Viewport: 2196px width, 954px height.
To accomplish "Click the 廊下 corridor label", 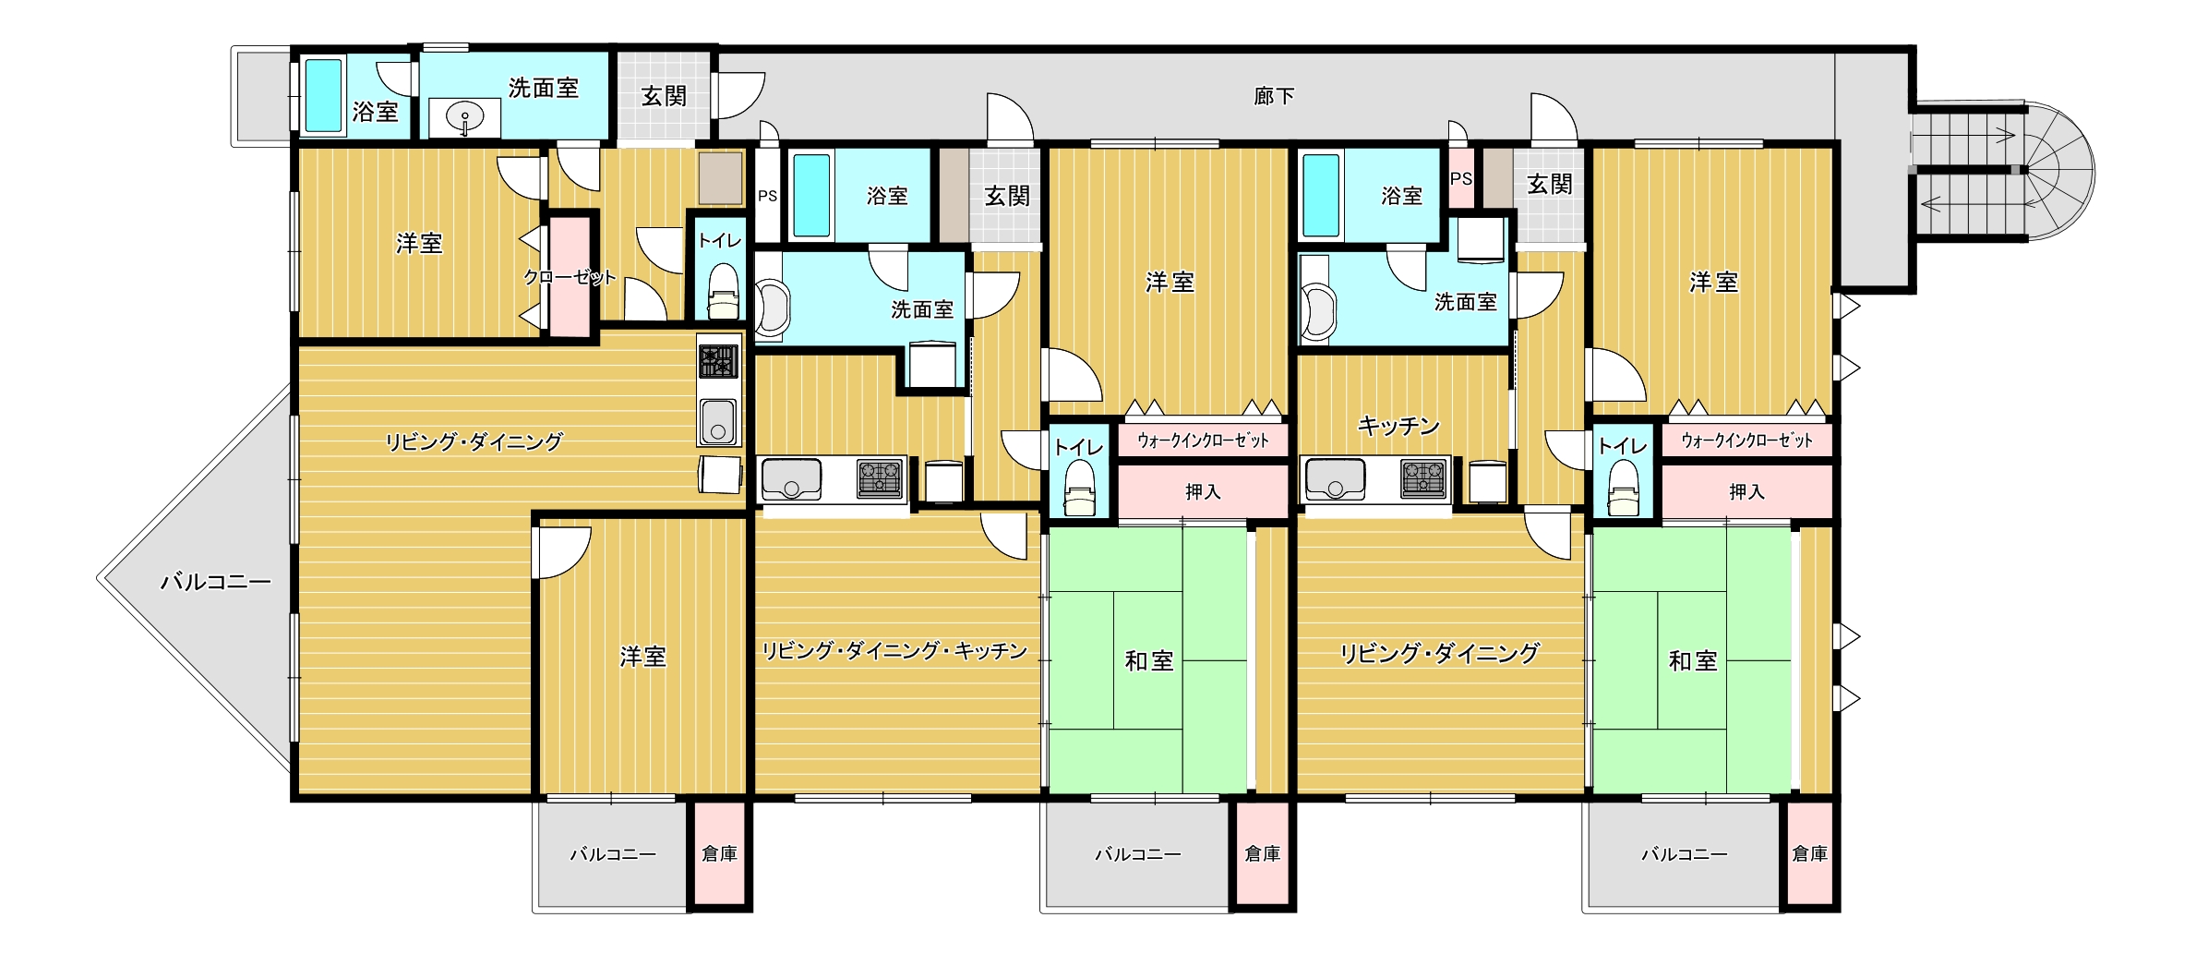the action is tap(1274, 96).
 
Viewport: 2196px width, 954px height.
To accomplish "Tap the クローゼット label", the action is tap(570, 277).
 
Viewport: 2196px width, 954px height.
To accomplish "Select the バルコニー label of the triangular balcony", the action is tap(216, 582).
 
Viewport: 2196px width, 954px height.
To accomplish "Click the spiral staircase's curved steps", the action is tap(2057, 172).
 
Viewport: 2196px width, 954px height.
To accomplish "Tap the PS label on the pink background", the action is tap(1460, 178).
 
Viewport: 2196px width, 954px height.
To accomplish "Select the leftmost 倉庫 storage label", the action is tap(719, 854).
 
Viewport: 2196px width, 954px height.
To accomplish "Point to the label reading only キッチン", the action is tap(1398, 426).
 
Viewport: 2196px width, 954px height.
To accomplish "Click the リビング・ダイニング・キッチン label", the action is tap(894, 651).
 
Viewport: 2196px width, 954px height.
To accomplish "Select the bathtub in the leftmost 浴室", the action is tap(323, 95).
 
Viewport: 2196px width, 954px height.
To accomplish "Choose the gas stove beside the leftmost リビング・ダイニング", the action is tap(718, 361).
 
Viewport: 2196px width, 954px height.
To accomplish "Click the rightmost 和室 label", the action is tap(1693, 661).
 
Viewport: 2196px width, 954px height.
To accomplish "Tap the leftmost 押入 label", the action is tap(1203, 492).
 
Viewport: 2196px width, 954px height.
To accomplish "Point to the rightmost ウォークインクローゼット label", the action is tap(1746, 441).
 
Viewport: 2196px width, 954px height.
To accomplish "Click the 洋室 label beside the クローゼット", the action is tap(419, 244).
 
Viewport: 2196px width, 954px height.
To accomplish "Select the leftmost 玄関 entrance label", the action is tap(664, 96).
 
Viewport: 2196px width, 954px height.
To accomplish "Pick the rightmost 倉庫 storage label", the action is tap(1809, 854).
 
